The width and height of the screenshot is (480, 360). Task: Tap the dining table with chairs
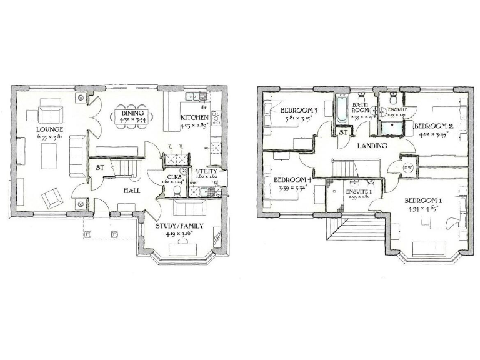[x=132, y=116]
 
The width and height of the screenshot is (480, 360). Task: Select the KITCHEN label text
[x=194, y=117]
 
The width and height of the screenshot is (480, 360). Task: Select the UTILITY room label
[x=206, y=171]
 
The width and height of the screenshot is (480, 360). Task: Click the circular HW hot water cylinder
[x=408, y=167]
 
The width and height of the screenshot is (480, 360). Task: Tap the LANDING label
[x=372, y=145]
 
